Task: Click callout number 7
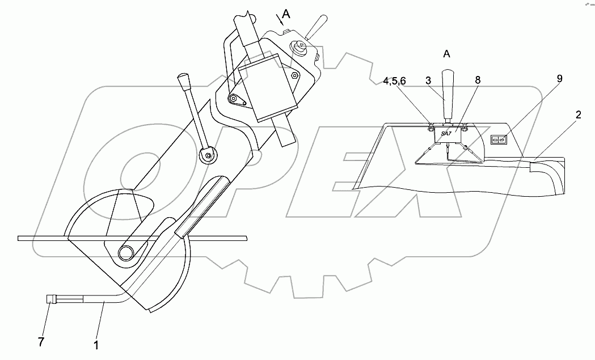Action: coord(41,342)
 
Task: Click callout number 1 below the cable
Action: coord(96,345)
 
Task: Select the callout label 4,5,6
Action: coord(394,81)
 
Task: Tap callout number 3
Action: coord(428,81)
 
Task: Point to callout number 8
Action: coord(478,80)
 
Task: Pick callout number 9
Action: coord(559,79)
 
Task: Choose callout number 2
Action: coord(578,115)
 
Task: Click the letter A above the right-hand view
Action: coord(446,54)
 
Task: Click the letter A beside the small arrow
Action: coord(286,14)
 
